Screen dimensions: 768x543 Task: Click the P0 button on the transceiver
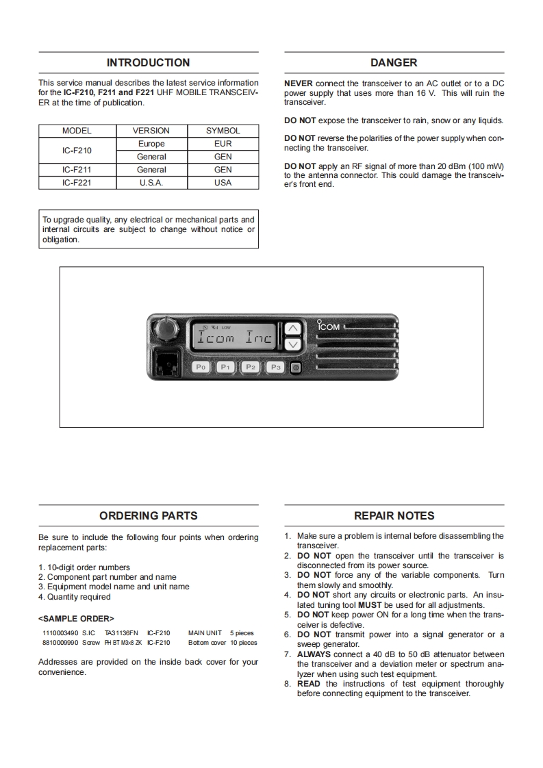tap(201, 368)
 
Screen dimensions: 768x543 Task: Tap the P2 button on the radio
tap(251, 368)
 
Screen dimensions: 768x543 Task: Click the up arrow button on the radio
tap(292, 329)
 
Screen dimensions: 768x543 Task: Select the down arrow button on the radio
tap(292, 344)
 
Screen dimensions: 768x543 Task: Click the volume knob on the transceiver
tap(164, 329)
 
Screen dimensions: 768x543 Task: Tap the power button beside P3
tap(295, 368)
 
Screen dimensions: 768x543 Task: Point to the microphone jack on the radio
tap(165, 363)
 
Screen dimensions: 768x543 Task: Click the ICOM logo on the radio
tap(328, 327)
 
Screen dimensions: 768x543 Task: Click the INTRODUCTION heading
tap(149, 63)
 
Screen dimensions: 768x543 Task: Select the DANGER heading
tap(394, 63)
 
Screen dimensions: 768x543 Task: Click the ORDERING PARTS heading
tap(149, 516)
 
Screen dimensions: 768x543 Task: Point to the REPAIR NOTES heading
tap(394, 516)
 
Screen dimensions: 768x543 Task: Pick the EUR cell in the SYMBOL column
tap(223, 144)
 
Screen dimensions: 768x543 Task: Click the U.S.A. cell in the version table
tap(151, 183)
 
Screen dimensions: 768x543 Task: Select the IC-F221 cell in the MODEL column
tap(77, 183)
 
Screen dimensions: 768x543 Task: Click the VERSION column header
tap(151, 131)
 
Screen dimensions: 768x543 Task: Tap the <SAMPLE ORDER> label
tap(76, 618)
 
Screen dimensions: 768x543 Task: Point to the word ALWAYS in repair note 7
tap(314, 654)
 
